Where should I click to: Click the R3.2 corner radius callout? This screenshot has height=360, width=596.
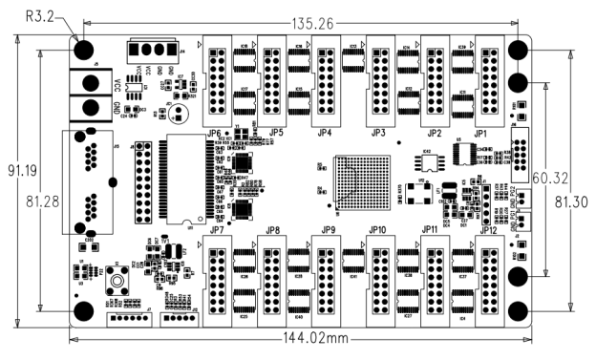pyautogui.click(x=44, y=16)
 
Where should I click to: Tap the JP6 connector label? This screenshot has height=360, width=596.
pyautogui.click(x=214, y=133)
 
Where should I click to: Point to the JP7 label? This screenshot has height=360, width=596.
pyautogui.click(x=216, y=230)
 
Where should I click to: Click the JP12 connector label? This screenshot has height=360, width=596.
pyautogui.click(x=488, y=230)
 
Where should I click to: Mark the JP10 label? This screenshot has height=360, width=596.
pyautogui.click(x=376, y=230)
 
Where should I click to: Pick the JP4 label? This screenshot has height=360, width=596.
pyautogui.click(x=325, y=133)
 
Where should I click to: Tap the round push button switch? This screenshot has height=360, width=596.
pyautogui.click(x=122, y=283)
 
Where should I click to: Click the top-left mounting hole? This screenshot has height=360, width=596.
pyautogui.click(x=83, y=50)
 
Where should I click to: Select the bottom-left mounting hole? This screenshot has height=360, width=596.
pyautogui.click(x=83, y=311)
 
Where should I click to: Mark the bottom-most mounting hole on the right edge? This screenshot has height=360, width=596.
pyautogui.click(x=521, y=311)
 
